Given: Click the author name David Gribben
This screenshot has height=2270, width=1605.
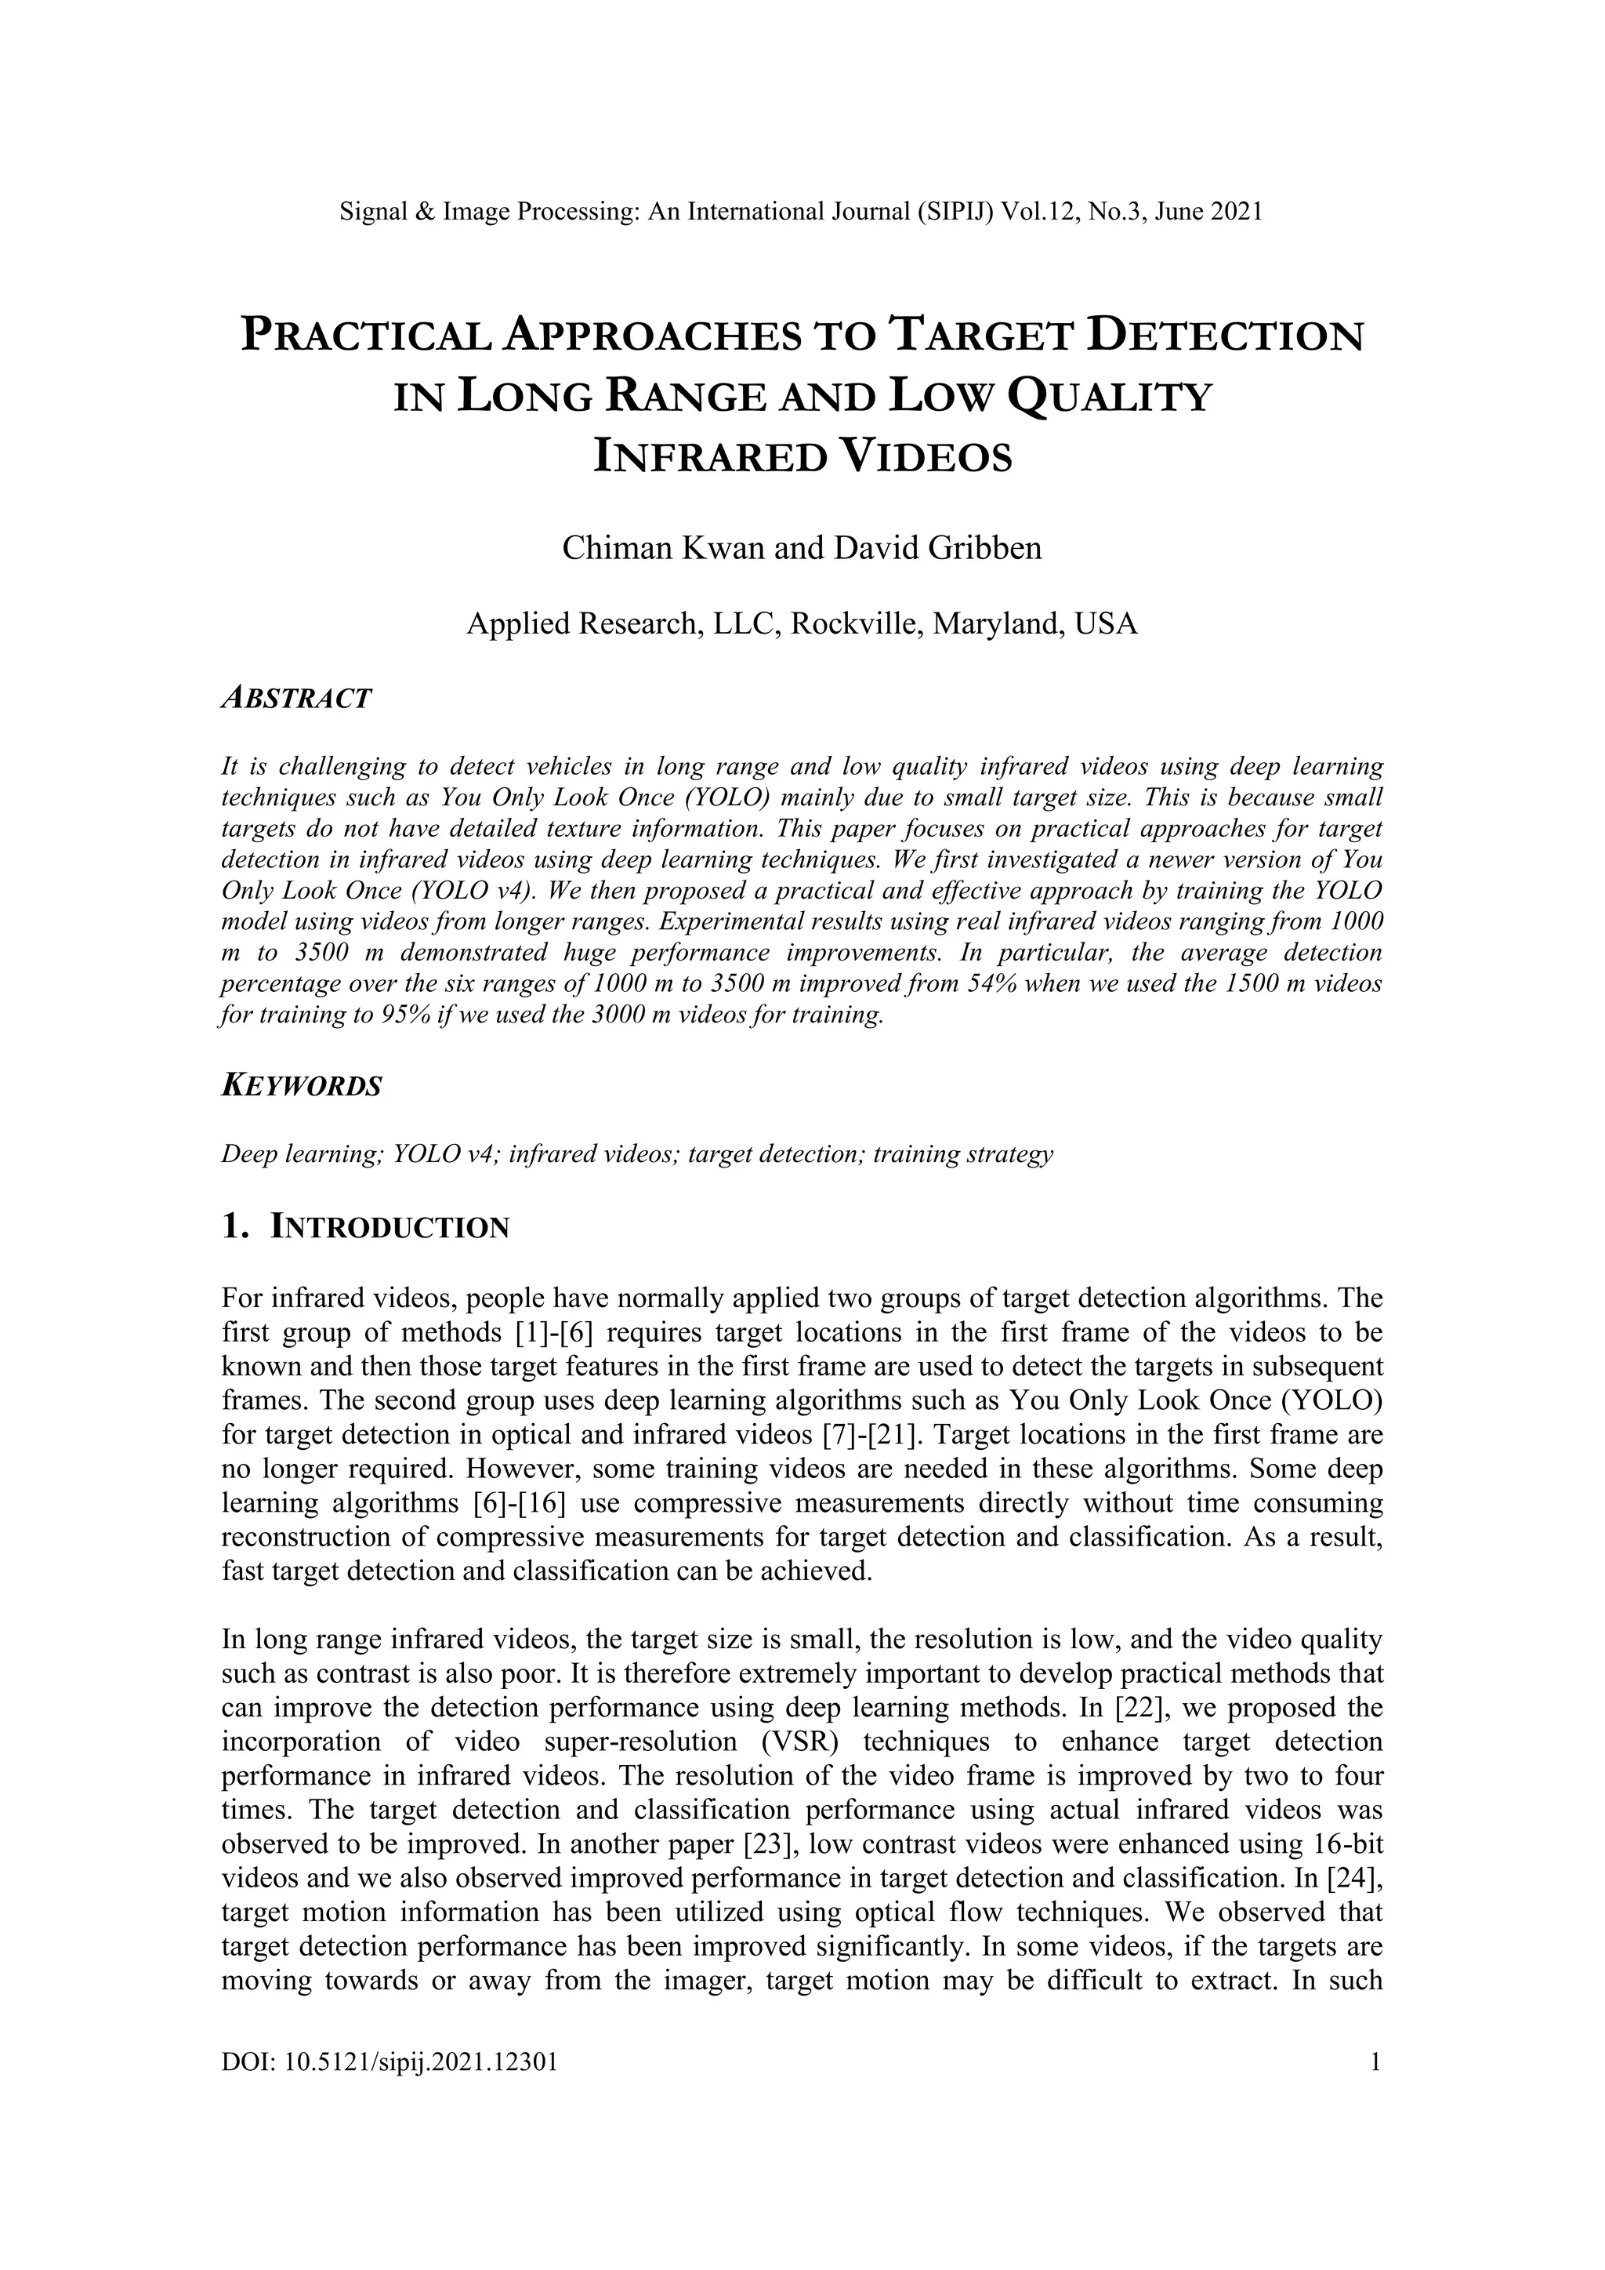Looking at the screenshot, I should coord(938,548).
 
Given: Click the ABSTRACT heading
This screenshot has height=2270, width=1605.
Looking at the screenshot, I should coord(296,698).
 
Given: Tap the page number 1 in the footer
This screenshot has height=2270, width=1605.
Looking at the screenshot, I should coord(1375,2062).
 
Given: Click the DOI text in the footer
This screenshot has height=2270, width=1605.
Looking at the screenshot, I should coord(389,2062).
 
